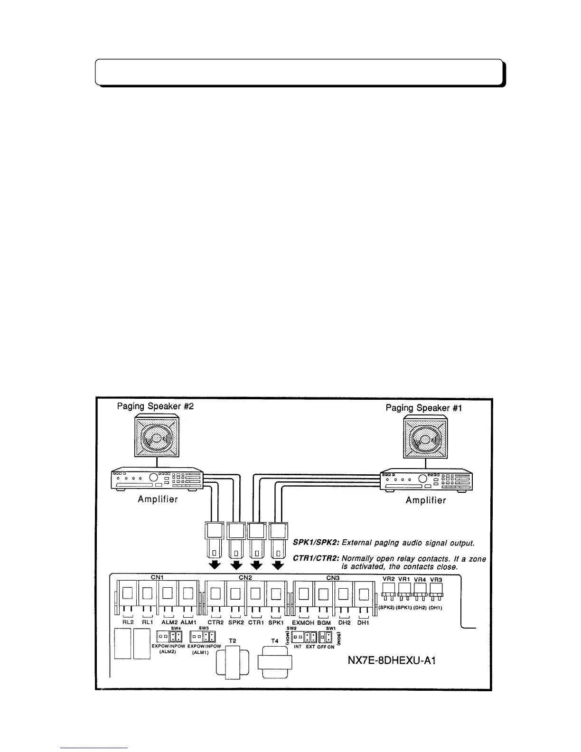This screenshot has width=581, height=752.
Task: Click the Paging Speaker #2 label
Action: click(x=155, y=406)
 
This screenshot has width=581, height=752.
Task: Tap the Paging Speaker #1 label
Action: click(x=424, y=408)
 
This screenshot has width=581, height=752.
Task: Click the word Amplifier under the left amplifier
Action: click(x=158, y=499)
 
